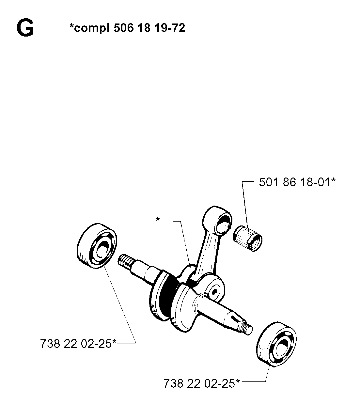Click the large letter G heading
pos(25,28)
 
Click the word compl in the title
pos(92,28)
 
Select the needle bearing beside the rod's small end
pos(247,239)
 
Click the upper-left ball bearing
pos(97,245)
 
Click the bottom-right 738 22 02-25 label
pos(202,383)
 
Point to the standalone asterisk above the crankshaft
pos(158,219)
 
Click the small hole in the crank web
pos(214,292)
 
